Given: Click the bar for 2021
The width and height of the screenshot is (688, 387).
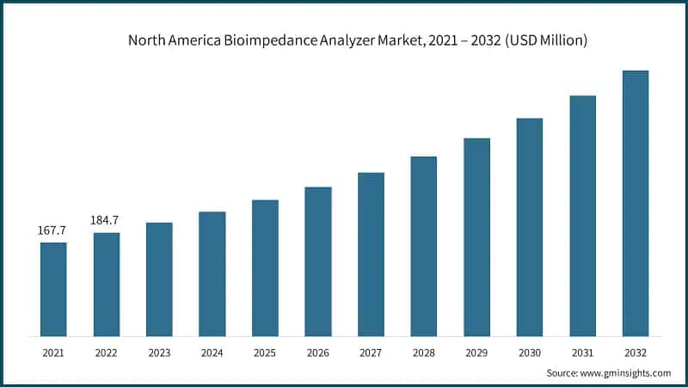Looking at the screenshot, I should pos(53,289).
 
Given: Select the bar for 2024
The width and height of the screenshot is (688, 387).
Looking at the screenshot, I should pos(212,273).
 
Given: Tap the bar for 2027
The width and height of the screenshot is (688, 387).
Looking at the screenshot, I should pos(371,254).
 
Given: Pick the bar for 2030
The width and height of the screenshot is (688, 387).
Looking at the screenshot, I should pos(530,227).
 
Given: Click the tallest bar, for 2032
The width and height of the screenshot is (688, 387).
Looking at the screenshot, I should pos(636,203).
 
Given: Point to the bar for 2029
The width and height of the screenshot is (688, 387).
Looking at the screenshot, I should pos(476,236).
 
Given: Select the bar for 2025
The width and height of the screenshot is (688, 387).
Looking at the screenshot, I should pos(265,267).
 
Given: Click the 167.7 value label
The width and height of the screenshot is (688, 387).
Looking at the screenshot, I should pos(52,231).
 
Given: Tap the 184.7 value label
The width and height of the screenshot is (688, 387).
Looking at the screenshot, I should pos(105,221).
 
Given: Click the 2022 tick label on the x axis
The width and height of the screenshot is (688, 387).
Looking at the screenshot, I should pos(106,352).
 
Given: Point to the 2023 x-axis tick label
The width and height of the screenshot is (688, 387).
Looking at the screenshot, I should pos(159,352).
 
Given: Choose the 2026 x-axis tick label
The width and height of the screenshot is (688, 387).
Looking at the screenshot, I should pos(318,352).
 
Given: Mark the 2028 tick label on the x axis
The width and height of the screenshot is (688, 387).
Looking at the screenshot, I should pos(424,352).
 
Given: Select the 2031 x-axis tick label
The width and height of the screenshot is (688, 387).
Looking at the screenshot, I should pos(582,352).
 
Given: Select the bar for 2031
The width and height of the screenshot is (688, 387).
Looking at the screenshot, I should pos(582,216).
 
